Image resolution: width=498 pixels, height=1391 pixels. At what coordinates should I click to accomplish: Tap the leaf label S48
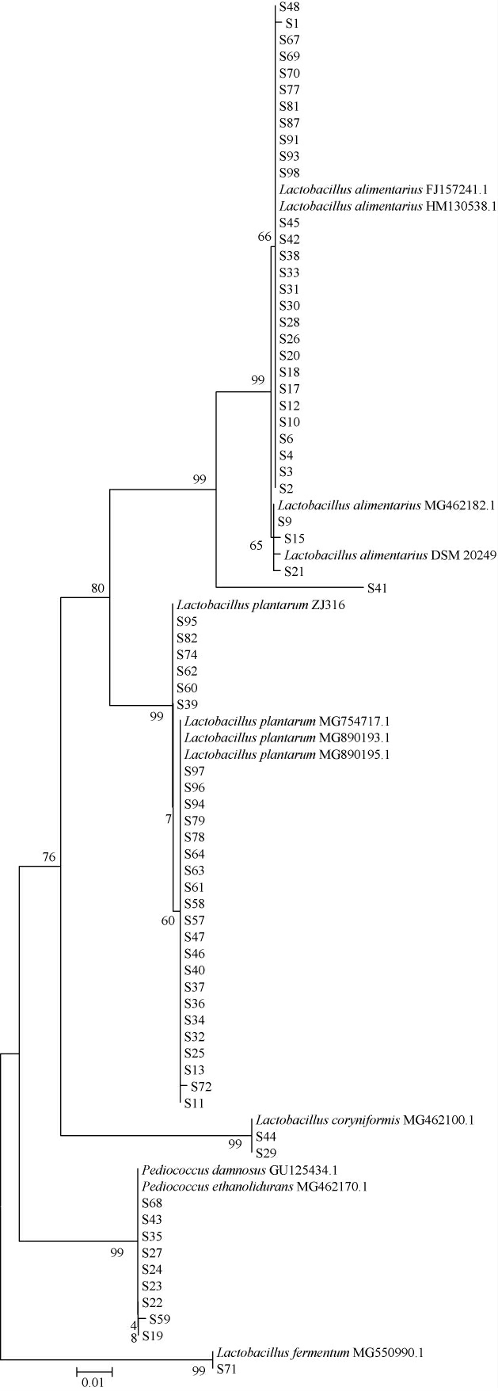[289, 6]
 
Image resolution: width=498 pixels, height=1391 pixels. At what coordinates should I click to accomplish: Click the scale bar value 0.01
[94, 1383]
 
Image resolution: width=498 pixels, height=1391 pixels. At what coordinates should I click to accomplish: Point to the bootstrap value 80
[97, 588]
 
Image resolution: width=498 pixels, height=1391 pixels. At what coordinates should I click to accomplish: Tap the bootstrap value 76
[49, 857]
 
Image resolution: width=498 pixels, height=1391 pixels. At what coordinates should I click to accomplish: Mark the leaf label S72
[200, 1086]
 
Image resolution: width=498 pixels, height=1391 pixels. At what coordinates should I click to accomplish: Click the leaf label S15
[294, 539]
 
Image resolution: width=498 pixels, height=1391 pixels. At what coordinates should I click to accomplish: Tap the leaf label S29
[264, 1153]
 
